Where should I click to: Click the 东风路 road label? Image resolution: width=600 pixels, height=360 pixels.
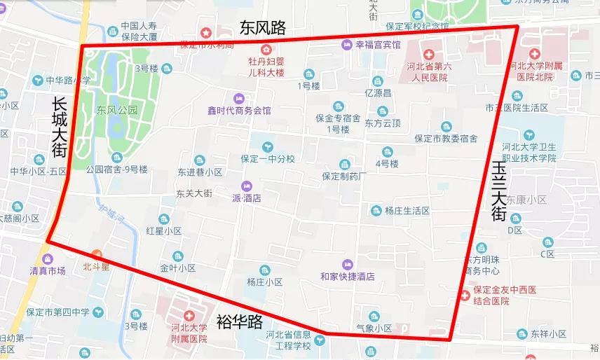[263, 27]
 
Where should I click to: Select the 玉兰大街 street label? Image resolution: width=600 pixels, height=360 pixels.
[498, 191]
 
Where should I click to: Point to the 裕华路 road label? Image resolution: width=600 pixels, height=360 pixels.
[240, 321]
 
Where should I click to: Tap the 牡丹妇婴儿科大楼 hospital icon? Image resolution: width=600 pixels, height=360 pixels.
[266, 49]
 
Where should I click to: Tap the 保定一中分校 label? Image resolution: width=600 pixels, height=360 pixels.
[268, 158]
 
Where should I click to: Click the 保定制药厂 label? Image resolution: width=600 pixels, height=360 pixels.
[344, 176]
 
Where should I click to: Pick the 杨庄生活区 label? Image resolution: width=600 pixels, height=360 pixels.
[407, 210]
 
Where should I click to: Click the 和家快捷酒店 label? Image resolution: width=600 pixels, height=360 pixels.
[347, 276]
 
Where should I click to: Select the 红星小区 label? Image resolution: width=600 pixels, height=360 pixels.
[164, 230]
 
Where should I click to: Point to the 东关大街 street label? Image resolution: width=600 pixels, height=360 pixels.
[194, 194]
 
